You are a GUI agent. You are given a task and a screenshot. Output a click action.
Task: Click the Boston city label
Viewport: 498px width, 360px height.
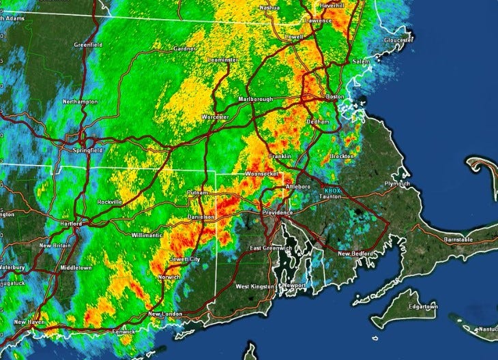click(335, 97)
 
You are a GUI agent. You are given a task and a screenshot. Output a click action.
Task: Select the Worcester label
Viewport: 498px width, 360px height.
click(214, 117)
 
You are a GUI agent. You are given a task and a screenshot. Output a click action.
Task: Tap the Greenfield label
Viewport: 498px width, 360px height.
click(88, 45)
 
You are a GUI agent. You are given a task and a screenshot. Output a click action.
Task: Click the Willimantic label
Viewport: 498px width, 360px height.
click(147, 235)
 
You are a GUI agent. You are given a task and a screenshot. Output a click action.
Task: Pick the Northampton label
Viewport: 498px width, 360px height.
click(80, 102)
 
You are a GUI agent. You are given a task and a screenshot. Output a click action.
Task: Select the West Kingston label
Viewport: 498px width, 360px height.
click(254, 288)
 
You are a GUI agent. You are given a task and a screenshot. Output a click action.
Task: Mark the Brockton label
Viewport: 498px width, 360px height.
click(340, 157)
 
